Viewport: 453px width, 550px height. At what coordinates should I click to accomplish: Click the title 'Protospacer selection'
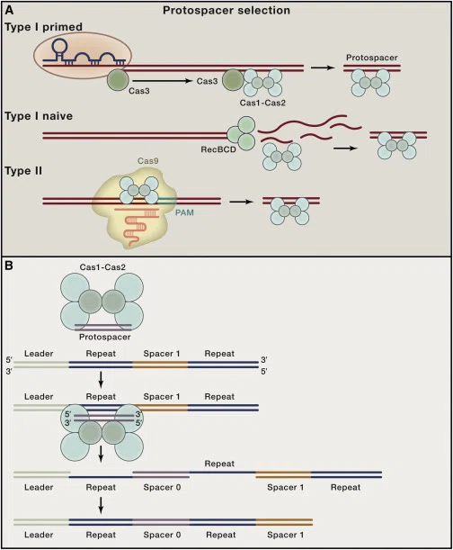coord(226,11)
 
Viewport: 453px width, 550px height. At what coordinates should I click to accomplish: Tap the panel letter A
coord(9,10)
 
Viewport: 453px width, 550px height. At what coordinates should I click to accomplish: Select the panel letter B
coord(8,266)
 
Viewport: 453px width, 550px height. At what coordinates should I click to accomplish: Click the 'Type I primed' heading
coord(43,27)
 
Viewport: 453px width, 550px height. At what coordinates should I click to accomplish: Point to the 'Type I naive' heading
coord(39,116)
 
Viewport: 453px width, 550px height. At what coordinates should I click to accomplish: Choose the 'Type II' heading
coord(23,171)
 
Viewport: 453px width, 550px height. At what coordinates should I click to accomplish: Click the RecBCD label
coord(218,149)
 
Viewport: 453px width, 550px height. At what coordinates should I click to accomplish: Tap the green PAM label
coord(184,212)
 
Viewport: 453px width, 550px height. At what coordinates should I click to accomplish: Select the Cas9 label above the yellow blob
coord(147,161)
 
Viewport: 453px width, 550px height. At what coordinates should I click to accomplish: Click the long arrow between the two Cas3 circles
coord(163,81)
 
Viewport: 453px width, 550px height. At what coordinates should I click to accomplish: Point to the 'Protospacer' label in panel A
coord(372,58)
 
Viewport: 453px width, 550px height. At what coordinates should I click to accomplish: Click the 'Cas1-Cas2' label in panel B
coord(102,267)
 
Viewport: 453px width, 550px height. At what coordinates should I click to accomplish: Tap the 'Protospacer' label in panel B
coord(105,337)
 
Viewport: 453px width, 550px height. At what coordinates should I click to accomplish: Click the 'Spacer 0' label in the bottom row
coord(162,535)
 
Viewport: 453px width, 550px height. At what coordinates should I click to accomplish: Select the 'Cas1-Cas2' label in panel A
coord(262,103)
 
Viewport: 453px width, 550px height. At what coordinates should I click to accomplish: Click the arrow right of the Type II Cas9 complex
coord(241,202)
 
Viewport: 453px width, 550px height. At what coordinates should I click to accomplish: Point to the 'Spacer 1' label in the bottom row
coord(285,535)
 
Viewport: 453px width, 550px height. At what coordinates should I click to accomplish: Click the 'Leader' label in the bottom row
coord(39,535)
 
